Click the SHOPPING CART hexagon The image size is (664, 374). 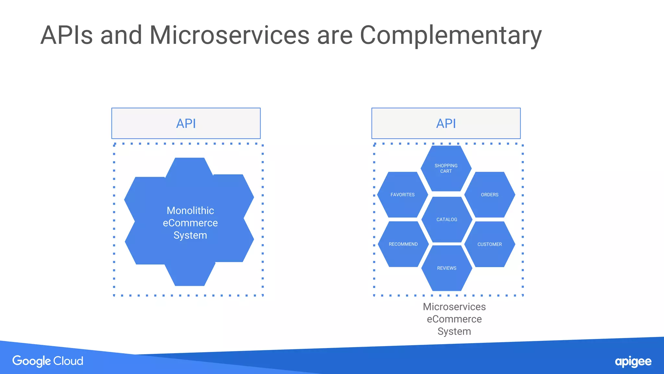pos(446,168)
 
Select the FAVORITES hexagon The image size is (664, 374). pos(402,194)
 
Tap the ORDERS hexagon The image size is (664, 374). pos(490,194)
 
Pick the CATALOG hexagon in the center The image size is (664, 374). pos(446,219)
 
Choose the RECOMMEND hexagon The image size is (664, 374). pos(403,244)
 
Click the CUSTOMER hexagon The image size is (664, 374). pos(490,244)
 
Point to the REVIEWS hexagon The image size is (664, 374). pos(446,268)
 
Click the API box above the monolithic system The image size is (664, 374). pos(186,123)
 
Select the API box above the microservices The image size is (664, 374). pos(446,123)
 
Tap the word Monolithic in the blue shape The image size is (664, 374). pos(190,210)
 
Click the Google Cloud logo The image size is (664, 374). pos(48,361)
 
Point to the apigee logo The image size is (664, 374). pos(633,362)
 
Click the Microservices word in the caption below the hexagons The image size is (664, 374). pos(454,306)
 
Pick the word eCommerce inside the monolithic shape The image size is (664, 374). pos(190,223)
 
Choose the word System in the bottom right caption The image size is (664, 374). pos(454,331)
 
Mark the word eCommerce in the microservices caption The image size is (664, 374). pos(454,319)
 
